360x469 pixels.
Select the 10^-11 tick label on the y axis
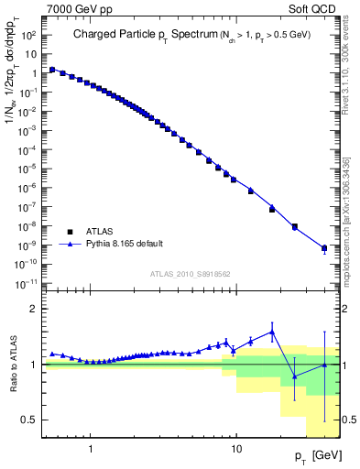(x=26, y=283)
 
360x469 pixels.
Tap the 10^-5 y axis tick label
(x=27, y=169)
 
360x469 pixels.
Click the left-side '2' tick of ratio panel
(x=34, y=309)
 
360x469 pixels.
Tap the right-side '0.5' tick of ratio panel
(x=350, y=420)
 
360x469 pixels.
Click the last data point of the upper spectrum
(x=323, y=248)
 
